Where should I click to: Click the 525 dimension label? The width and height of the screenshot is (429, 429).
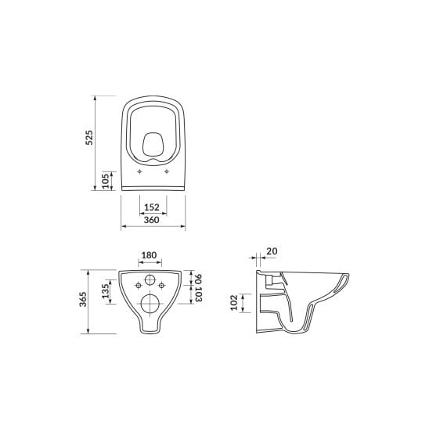[x=89, y=137]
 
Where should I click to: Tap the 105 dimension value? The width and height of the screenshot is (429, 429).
[x=106, y=181]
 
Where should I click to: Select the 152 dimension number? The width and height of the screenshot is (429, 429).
[x=152, y=207]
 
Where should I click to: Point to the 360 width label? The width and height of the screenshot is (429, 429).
[x=151, y=220]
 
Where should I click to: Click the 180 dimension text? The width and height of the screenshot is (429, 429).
[x=149, y=255]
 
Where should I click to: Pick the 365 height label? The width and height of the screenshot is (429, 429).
[x=83, y=299]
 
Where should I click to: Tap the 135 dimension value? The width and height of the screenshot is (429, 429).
[x=106, y=291]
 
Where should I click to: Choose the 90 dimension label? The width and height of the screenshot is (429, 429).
[x=198, y=279]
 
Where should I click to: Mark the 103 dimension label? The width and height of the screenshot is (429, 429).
[x=198, y=294]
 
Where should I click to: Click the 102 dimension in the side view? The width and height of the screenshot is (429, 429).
[x=234, y=303]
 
